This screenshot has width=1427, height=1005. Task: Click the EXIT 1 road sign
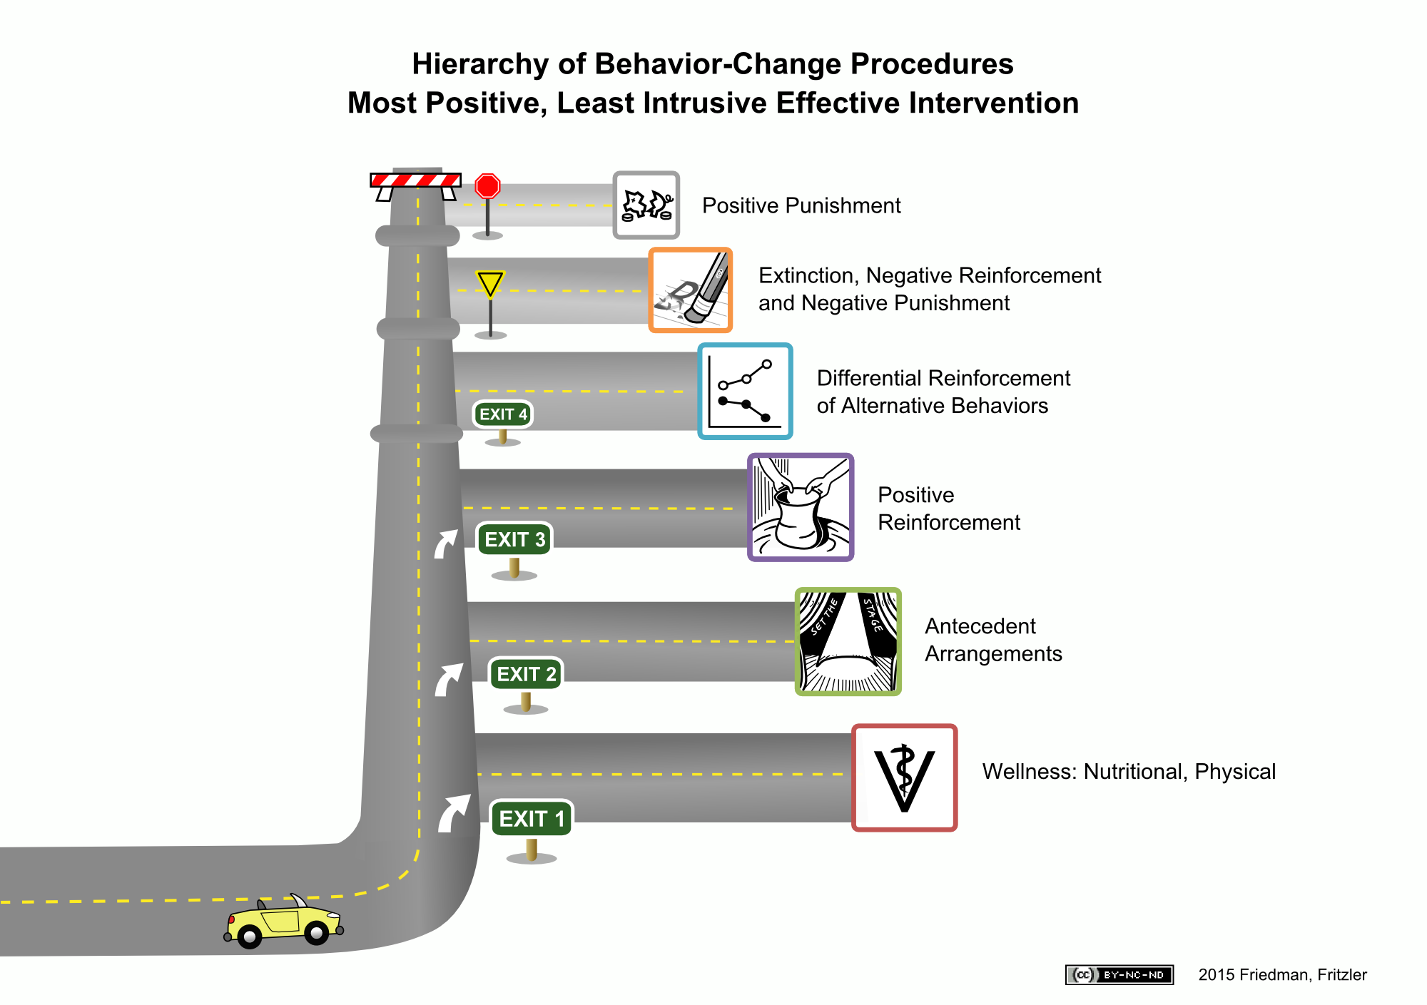coord(532,818)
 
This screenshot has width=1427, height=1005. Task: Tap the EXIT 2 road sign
coord(526,674)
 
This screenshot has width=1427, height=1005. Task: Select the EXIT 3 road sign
coord(514,539)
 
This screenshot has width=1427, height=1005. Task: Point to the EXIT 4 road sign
coord(503,414)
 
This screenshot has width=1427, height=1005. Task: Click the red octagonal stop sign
coord(488,186)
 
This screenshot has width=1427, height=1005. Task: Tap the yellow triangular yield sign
coord(490,283)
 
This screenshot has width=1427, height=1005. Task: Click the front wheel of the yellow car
coord(316,932)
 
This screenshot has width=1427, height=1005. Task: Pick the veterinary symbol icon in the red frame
coord(904,778)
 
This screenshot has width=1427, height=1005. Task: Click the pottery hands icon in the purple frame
coord(801,507)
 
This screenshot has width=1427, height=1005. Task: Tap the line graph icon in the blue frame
coord(745,391)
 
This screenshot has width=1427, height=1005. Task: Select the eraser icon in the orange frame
coord(690,290)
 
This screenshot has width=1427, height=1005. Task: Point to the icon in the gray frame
coord(646,205)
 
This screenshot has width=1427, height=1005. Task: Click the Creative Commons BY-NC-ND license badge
coord(1119,974)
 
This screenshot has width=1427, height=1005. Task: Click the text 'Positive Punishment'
coord(801,205)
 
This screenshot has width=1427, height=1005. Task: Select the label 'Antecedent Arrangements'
coord(993,640)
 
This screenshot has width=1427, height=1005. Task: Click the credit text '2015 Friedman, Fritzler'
coord(1282,974)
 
